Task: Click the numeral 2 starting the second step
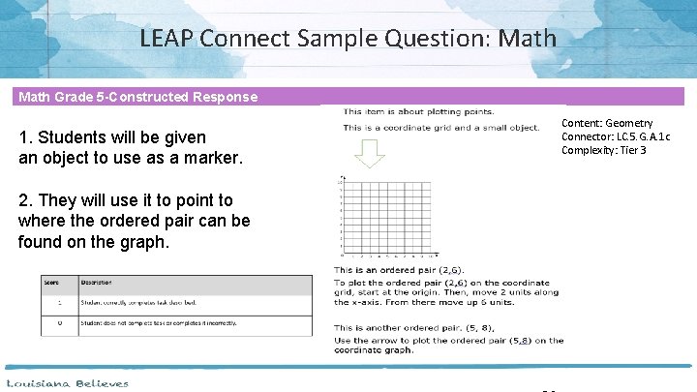click(23, 200)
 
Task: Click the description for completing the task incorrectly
click(159, 323)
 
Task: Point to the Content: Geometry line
click(607, 124)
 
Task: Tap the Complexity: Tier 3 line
click(605, 150)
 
